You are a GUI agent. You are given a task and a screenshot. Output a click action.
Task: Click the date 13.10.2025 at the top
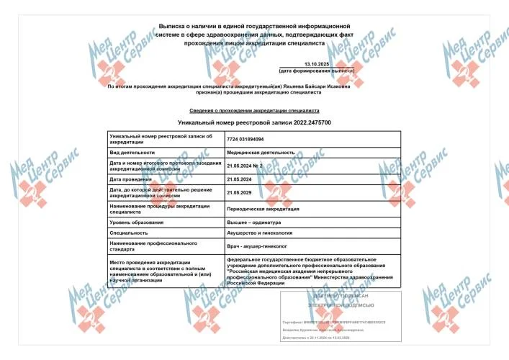[x=317, y=65]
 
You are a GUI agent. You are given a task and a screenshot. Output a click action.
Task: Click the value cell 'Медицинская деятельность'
[x=261, y=153]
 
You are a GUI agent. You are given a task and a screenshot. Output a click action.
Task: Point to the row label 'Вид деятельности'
[x=132, y=153]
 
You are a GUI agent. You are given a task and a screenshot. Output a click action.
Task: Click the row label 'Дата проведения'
[x=130, y=179]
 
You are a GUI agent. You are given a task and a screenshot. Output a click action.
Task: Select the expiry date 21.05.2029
[x=240, y=192]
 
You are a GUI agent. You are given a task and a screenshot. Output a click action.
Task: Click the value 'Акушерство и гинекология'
[x=261, y=233]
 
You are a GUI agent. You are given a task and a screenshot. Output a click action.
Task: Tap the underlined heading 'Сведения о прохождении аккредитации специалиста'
[x=254, y=112]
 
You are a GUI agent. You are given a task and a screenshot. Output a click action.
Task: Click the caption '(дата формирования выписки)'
[x=317, y=71]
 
